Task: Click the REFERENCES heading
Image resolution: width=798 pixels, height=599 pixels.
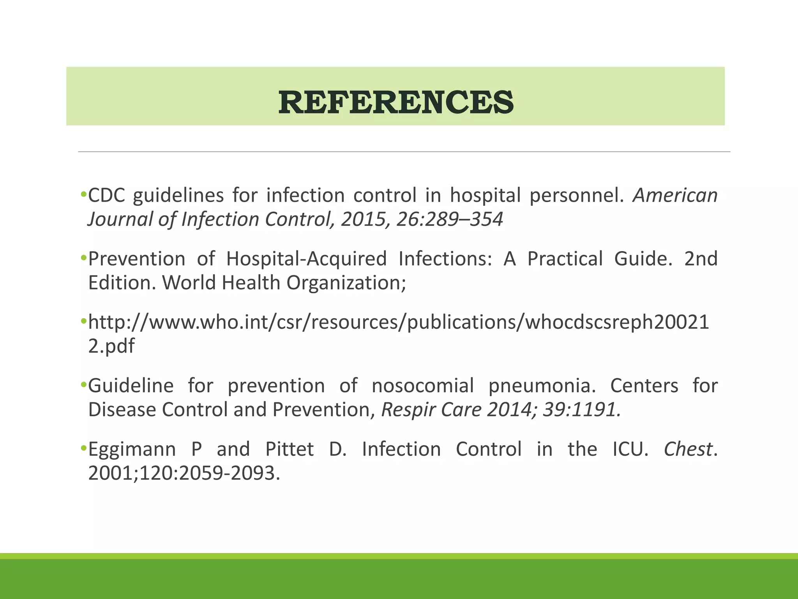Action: coord(396,102)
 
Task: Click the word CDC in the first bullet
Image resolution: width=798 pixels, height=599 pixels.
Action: coord(106,195)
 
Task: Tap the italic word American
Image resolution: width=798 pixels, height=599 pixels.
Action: coord(675,195)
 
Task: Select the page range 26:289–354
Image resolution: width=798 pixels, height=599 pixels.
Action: coord(450,219)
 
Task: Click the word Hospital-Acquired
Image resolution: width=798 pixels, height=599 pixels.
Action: coord(306,259)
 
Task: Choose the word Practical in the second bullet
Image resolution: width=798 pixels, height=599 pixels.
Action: coord(565,259)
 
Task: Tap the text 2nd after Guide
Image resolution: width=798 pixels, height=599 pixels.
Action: coord(701,259)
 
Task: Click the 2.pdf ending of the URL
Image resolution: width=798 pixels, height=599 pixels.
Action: coord(111,346)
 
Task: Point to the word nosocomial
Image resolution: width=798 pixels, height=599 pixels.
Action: coord(422,386)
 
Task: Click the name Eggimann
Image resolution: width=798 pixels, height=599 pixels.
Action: coord(132,449)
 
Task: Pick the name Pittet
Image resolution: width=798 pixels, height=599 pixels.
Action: coord(289,449)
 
